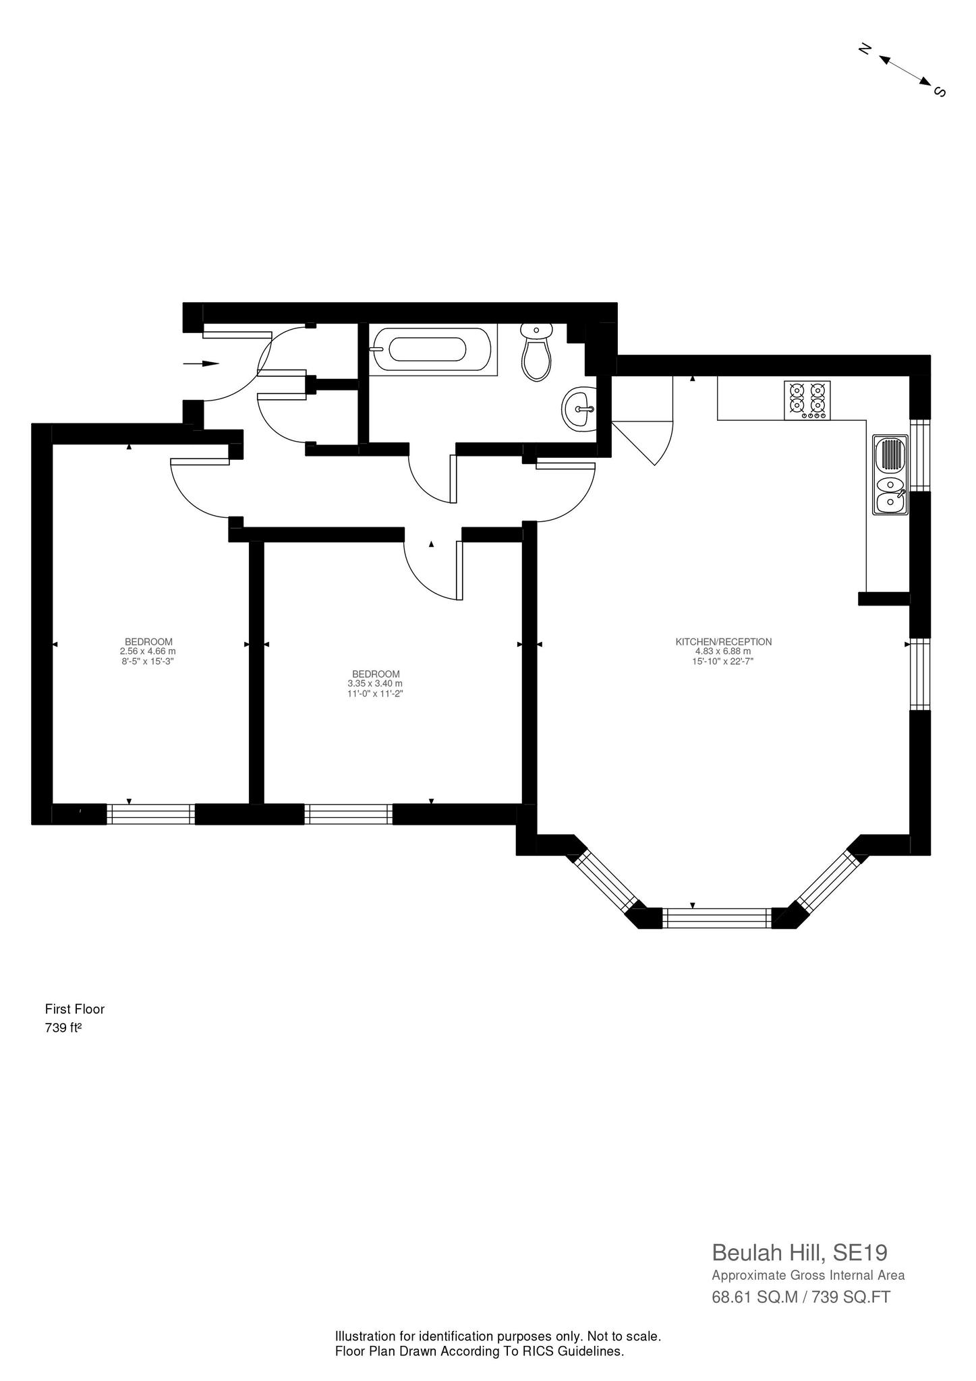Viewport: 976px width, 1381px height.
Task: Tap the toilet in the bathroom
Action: click(x=536, y=352)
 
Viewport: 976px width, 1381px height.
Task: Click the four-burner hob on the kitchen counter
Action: click(x=807, y=400)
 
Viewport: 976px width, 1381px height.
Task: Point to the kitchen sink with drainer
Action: click(x=889, y=475)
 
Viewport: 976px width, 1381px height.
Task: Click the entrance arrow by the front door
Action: click(x=201, y=363)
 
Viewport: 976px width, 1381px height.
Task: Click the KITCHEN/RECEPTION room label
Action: click(x=723, y=642)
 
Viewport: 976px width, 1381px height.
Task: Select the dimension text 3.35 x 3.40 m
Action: click(x=375, y=684)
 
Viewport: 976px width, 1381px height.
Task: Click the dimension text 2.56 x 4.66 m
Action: click(x=148, y=651)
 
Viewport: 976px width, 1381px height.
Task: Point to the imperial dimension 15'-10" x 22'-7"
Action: click(x=723, y=662)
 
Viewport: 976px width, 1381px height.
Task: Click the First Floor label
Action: click(x=74, y=1009)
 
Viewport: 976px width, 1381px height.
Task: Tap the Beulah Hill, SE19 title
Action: click(x=799, y=1253)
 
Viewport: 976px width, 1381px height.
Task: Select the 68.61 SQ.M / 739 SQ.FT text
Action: click(x=801, y=1297)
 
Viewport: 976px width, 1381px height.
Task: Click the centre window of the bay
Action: click(x=716, y=918)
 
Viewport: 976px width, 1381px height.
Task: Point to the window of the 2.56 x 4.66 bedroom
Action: click(x=150, y=814)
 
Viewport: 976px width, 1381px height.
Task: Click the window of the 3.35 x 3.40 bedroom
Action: click(x=348, y=814)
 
